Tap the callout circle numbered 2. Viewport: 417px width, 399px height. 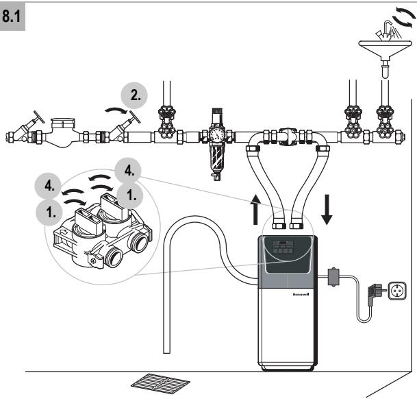click(134, 95)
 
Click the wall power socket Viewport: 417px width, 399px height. click(397, 291)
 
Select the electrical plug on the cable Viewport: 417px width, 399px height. click(375, 294)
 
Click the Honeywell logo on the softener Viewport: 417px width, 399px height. click(301, 294)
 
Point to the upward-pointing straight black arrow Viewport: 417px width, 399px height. click(255, 209)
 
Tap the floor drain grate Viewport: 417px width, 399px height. click(160, 384)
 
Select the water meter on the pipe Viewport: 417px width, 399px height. click(62, 132)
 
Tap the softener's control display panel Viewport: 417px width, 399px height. click(283, 247)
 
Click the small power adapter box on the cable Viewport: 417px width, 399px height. click(333, 276)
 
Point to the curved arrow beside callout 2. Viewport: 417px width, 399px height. click(116, 110)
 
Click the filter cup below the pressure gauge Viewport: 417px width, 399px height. click(216, 158)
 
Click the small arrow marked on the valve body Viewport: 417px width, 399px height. click(64, 232)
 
